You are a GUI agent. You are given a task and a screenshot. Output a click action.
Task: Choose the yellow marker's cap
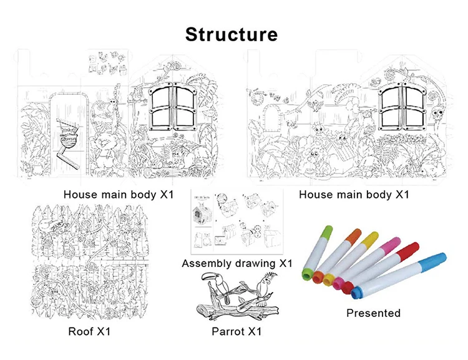[370, 238]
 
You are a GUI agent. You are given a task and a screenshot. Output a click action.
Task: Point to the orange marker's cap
[354, 235]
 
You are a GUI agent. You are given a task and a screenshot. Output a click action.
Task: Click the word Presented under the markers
[373, 313]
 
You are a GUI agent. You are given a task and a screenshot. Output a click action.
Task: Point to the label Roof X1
[89, 331]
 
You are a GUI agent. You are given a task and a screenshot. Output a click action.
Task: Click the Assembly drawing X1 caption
[236, 263]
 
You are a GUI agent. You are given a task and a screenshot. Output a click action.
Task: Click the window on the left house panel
[172, 107]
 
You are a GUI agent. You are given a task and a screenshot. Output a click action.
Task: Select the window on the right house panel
[397, 107]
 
